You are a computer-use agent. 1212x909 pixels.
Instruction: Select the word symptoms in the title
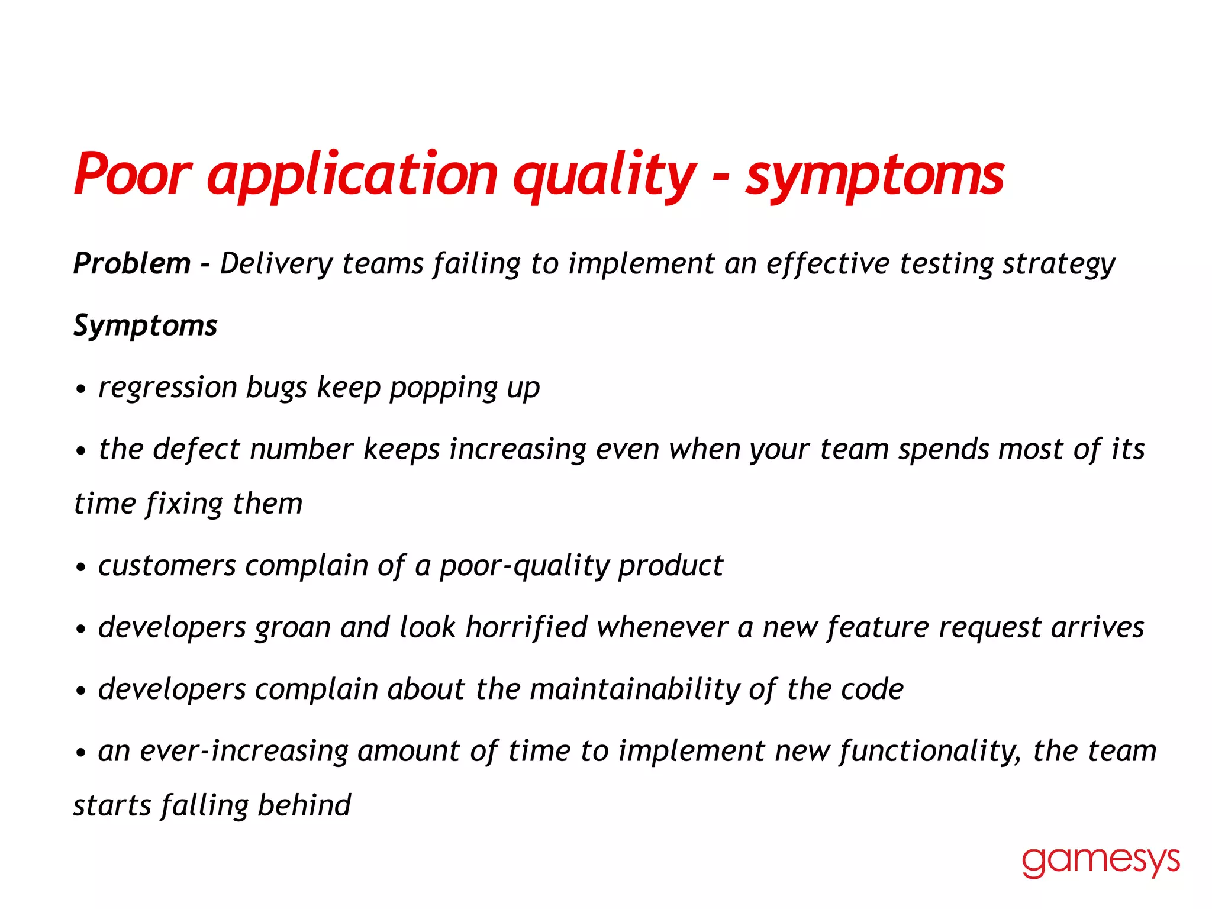pos(875,176)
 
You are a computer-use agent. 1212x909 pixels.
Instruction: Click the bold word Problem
pos(132,263)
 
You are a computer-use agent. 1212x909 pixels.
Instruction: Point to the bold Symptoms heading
pos(146,325)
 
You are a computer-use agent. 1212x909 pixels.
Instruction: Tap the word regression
pos(167,388)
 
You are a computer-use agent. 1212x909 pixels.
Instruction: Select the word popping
pos(443,388)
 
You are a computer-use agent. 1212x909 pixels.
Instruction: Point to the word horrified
pos(526,627)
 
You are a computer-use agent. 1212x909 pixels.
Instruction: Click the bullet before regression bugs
pos(81,390)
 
